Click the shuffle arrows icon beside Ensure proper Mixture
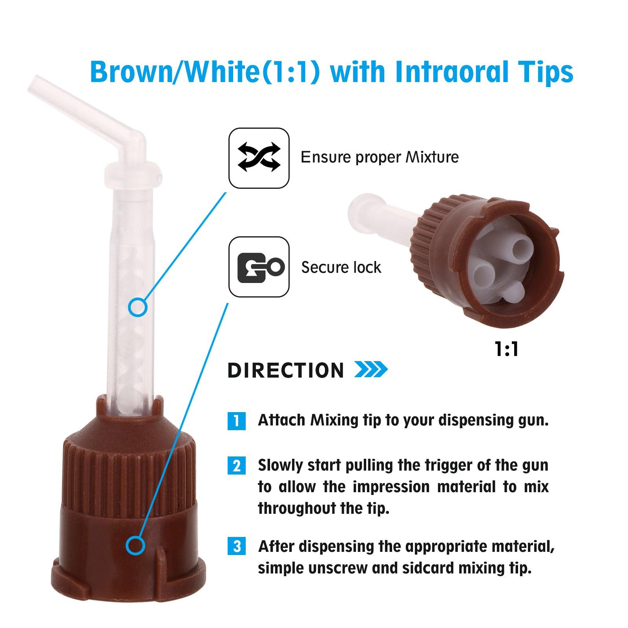pyautogui.click(x=259, y=157)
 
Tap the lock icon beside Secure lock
pyautogui.click(x=259, y=267)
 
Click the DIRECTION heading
pyautogui.click(x=286, y=370)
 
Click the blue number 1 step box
pyautogui.click(x=237, y=421)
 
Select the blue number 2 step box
pyautogui.click(x=237, y=466)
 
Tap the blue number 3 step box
pyautogui.click(x=237, y=546)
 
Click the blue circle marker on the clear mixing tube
pyautogui.click(x=138, y=307)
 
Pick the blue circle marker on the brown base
pyautogui.click(x=136, y=546)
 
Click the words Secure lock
pyautogui.click(x=341, y=267)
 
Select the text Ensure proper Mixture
pyautogui.click(x=380, y=157)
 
